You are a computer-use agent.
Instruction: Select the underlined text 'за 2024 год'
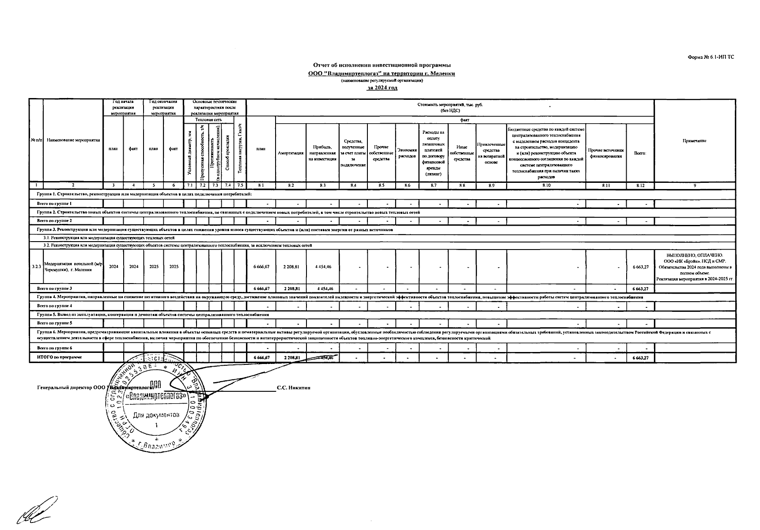(x=382, y=88)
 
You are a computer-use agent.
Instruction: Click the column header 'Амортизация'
(x=291, y=153)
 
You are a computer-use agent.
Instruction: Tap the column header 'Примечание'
(x=694, y=141)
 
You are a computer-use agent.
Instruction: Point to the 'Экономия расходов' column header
(x=407, y=153)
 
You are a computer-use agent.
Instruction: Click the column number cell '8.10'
(x=546, y=186)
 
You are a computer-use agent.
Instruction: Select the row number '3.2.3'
(x=37, y=267)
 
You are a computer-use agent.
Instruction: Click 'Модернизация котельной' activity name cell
(x=73, y=267)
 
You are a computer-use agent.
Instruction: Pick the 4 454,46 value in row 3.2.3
(x=323, y=267)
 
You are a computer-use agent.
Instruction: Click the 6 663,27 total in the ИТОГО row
(x=640, y=358)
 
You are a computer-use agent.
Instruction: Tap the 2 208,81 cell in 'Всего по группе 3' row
(x=291, y=289)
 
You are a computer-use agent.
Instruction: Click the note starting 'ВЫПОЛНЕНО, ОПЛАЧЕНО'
(x=694, y=267)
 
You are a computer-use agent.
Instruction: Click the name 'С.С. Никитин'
(x=294, y=388)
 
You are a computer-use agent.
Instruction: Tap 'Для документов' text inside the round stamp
(x=156, y=416)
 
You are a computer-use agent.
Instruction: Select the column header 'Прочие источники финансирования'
(x=606, y=153)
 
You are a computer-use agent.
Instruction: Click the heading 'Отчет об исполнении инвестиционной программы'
(x=382, y=65)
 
